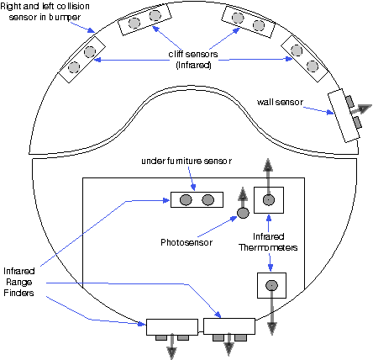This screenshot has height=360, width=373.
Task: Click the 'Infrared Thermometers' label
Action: pyautogui.click(x=267, y=242)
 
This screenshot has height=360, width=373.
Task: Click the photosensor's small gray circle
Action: pyautogui.click(x=243, y=212)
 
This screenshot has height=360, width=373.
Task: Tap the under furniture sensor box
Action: pyautogui.click(x=197, y=199)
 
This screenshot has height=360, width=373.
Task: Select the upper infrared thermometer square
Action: pyautogui.click(x=269, y=200)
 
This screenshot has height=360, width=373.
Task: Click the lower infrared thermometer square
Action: pyautogui.click(x=271, y=286)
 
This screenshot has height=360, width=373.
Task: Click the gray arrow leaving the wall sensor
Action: pyautogui.click(x=363, y=107)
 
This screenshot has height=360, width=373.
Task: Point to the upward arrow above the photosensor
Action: pyautogui.click(x=243, y=196)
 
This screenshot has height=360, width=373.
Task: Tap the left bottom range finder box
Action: pyautogui.click(x=171, y=326)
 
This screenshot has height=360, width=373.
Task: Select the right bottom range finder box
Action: pyautogui.click(x=229, y=326)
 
